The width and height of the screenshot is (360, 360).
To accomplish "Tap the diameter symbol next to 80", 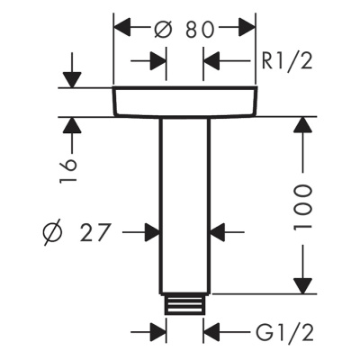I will click(164, 28).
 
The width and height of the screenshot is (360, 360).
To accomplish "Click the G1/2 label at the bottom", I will click(283, 334).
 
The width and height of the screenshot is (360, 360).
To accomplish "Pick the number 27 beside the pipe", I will click(94, 233).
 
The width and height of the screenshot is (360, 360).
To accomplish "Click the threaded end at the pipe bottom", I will click(184, 303).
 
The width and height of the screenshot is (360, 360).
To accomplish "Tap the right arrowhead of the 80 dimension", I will click(247, 28).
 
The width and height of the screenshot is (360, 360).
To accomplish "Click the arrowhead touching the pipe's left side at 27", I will click(152, 233).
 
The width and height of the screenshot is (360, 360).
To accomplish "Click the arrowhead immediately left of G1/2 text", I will click(211, 334).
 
